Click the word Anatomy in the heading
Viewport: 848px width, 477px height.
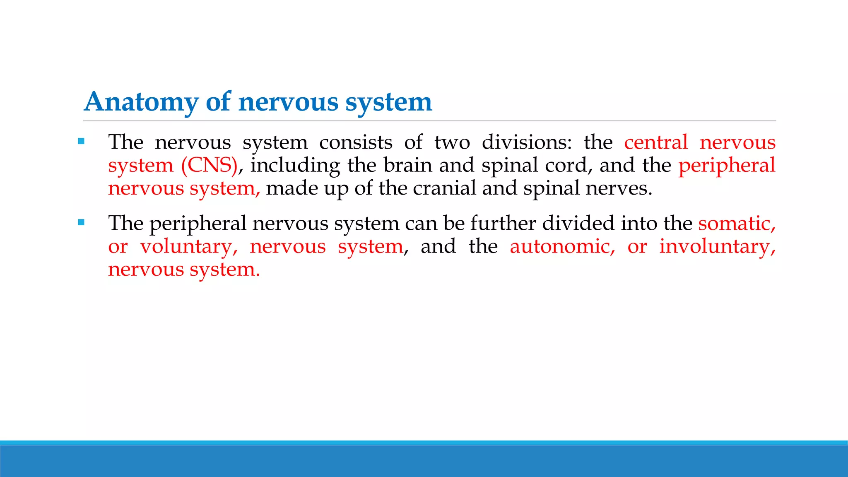pos(141,102)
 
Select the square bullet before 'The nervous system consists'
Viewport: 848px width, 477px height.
pos(81,142)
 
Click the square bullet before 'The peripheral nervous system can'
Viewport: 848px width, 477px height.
pos(81,223)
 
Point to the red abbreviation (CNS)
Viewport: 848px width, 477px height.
pos(209,165)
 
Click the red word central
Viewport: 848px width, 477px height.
pos(656,142)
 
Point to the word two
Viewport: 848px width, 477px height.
pos(452,142)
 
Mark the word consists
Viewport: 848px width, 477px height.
pos(356,142)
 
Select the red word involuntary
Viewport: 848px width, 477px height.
pos(717,247)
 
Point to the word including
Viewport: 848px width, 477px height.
pos(295,166)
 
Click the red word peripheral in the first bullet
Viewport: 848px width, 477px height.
pos(727,166)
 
